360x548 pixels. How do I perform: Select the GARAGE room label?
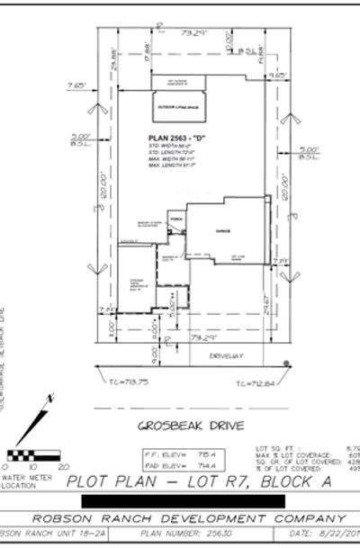(222, 231)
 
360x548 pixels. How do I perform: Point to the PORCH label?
(176, 219)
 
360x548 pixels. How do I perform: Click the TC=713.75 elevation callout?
(126, 382)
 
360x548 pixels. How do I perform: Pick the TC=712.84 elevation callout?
(255, 383)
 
